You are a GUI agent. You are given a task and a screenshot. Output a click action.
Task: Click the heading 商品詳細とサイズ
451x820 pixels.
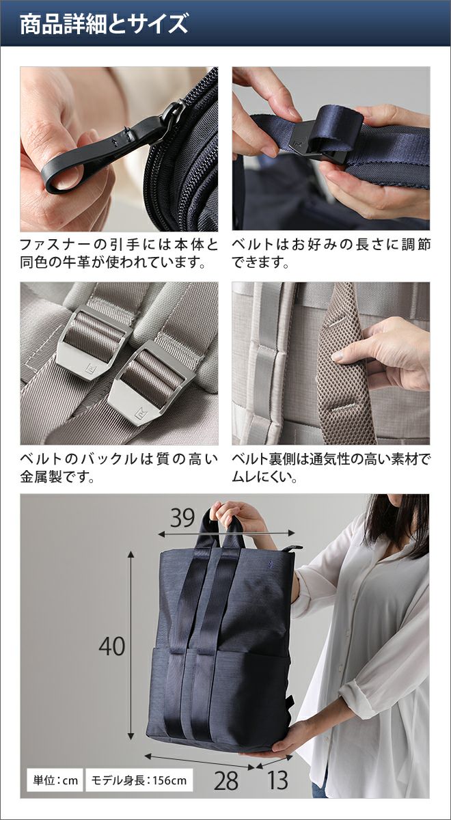[104, 24]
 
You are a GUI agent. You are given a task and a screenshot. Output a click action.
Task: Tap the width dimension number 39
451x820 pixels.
[182, 518]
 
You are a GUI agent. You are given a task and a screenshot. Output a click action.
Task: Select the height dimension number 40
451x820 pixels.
[111, 646]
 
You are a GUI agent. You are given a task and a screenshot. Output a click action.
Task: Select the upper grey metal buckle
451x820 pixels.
[94, 338]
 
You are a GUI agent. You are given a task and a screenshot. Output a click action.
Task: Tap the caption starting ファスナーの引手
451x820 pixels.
[119, 253]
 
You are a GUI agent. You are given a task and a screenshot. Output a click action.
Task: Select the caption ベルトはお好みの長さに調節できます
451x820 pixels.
[331, 253]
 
